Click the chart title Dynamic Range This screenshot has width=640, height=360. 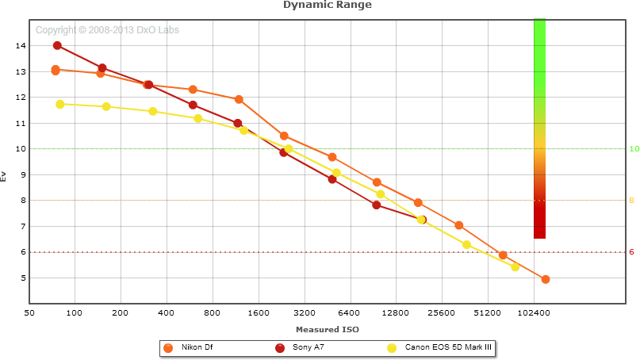pos(328,5)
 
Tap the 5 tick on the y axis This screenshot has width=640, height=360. pos(21,278)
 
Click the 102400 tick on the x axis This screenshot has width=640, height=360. pos(533,314)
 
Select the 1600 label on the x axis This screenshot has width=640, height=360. pos(259,314)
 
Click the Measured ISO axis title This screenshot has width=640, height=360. pos(328,329)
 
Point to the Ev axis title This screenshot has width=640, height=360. pos(5,176)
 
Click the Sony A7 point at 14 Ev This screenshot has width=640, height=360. pos(57,46)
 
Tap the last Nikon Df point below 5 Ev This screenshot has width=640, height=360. pos(546,279)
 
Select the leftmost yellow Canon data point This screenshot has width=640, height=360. pos(60,104)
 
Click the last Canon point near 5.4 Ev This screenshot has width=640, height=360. pos(515,266)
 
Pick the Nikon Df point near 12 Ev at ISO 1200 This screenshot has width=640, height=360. pos(239,99)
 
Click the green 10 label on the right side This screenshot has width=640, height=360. pos(634,149)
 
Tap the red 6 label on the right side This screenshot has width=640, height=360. pos(632,252)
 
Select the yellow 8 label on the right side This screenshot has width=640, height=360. pos(632,201)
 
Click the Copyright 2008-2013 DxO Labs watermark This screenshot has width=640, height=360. pos(108,30)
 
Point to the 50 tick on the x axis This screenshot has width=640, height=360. pos(29,314)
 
